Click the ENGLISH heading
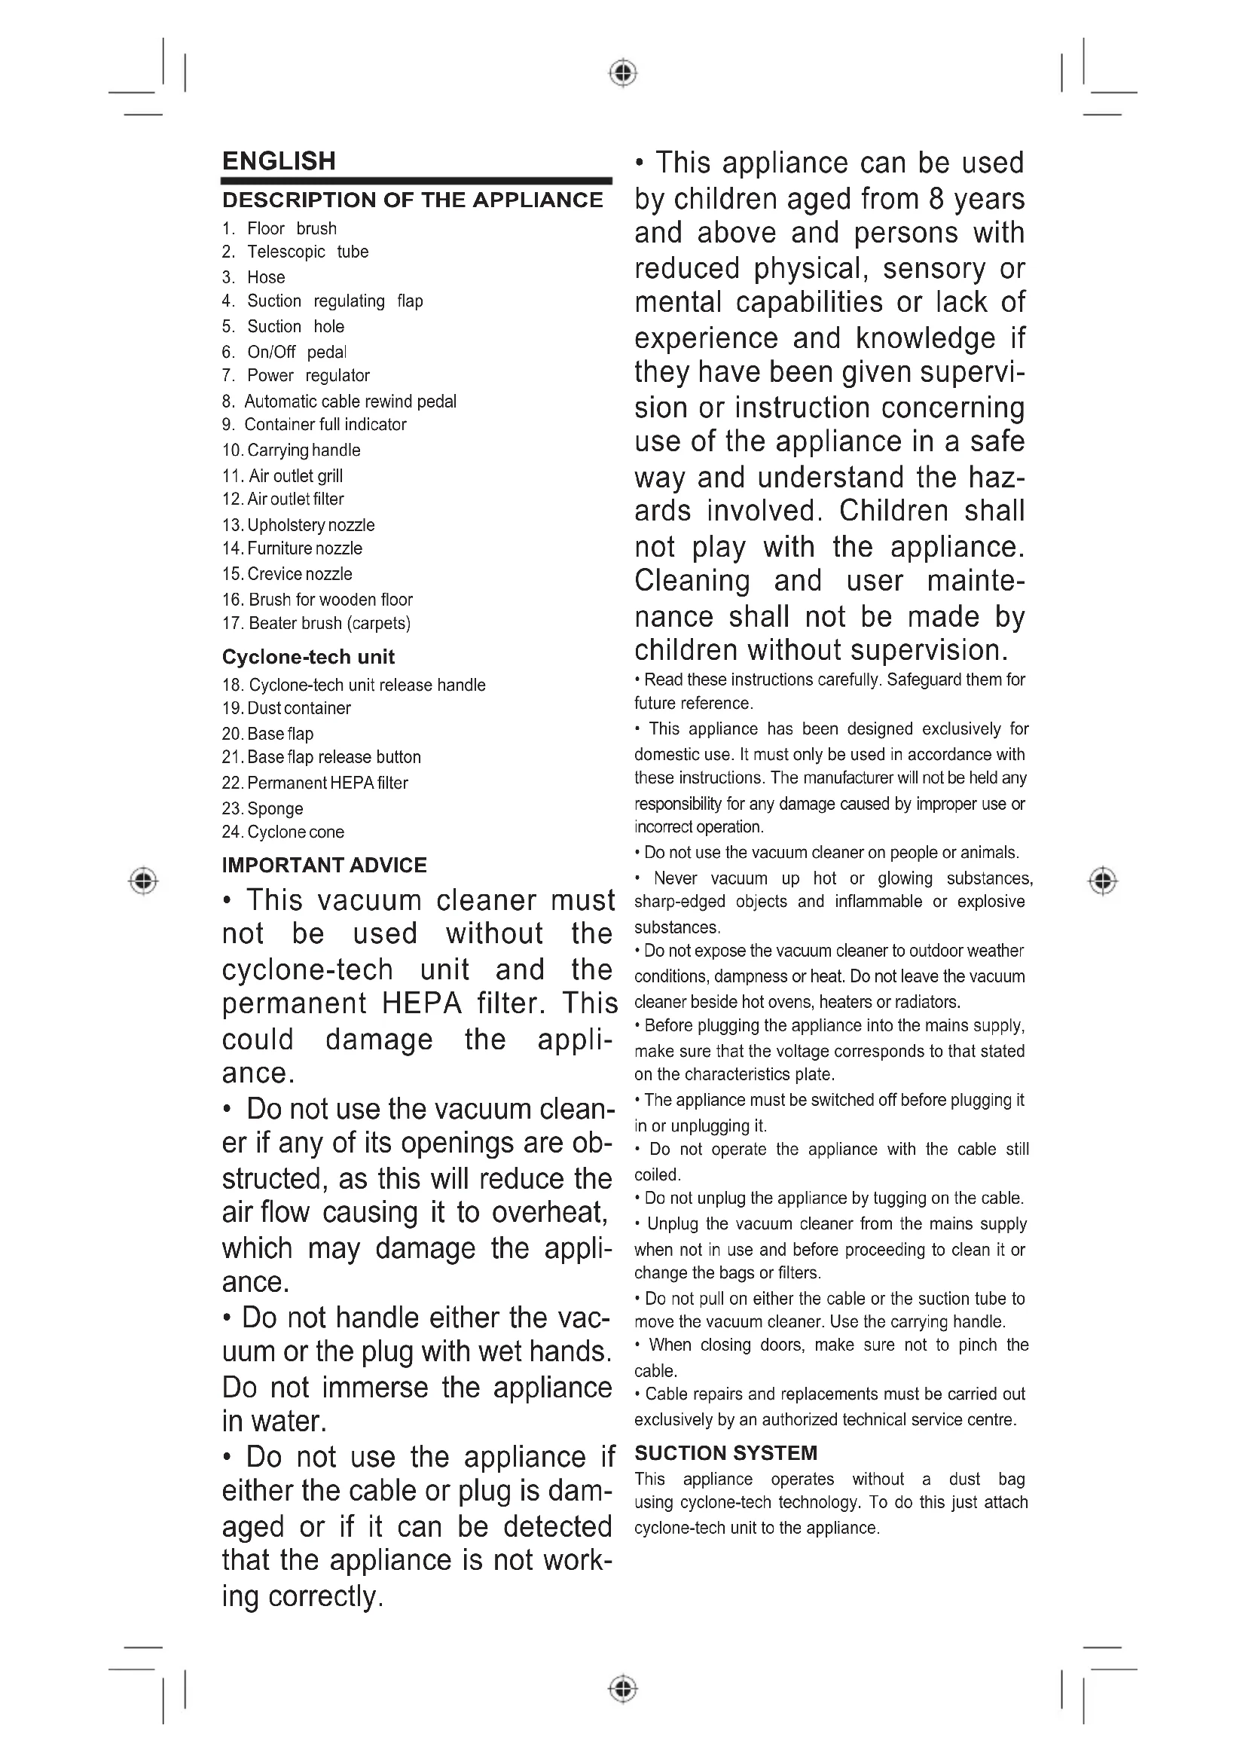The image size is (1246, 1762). coord(279,161)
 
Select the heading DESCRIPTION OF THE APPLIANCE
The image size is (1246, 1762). coord(412,200)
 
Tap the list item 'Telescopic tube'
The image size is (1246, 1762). coord(307,252)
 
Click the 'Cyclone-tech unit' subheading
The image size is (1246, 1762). coord(307,657)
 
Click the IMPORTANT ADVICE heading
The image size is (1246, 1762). coord(324,865)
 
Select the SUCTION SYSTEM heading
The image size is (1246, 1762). coord(725,1452)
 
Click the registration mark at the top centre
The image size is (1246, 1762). coord(623,73)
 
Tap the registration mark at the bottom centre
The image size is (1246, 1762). coord(623,1688)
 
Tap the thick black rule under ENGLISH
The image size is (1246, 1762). coord(416,181)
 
